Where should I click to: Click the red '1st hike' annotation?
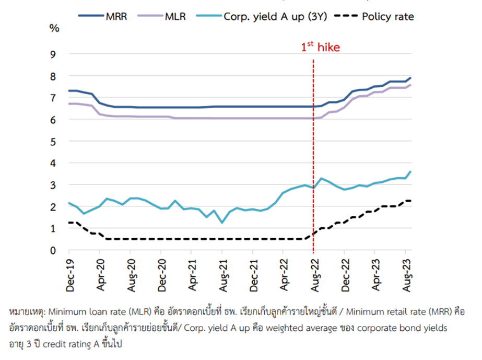coord(320,48)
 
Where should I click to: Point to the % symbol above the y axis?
coord(54,28)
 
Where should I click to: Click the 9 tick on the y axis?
coord(53,54)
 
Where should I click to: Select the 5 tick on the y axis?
coord(53,141)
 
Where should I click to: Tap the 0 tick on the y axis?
coord(53,250)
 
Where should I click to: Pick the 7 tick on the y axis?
coord(53,98)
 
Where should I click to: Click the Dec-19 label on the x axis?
coord(70,273)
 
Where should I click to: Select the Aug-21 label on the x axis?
coord(223,273)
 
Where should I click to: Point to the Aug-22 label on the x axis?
coord(314,273)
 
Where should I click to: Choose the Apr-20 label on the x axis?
coord(101,273)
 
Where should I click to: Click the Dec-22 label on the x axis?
coord(345,273)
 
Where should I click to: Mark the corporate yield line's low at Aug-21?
coord(222,223)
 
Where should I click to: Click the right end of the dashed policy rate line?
coord(410,201)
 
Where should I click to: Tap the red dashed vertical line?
coord(313,157)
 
